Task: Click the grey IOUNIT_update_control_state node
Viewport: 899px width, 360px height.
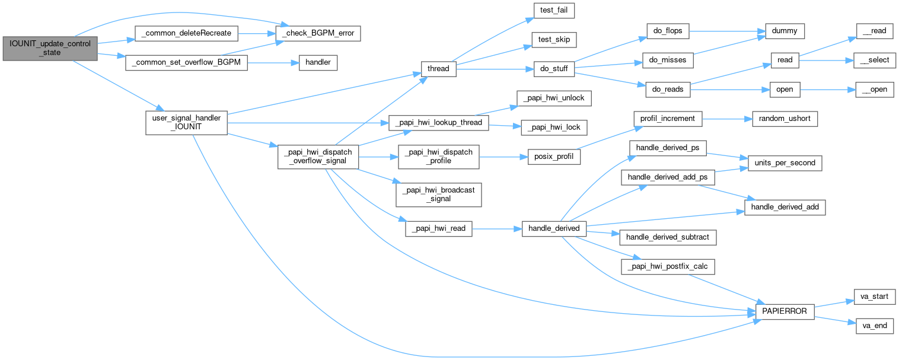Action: coord(49,48)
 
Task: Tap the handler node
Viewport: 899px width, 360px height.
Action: coord(317,62)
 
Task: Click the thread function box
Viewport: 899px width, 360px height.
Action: coord(438,69)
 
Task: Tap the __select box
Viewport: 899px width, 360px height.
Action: coord(874,60)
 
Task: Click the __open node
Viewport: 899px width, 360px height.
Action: coord(874,90)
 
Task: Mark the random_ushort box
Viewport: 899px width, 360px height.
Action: coord(785,119)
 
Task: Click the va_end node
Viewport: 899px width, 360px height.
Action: coord(874,326)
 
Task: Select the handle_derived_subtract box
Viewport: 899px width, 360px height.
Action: coord(667,237)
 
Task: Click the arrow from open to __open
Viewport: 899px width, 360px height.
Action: coord(827,90)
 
